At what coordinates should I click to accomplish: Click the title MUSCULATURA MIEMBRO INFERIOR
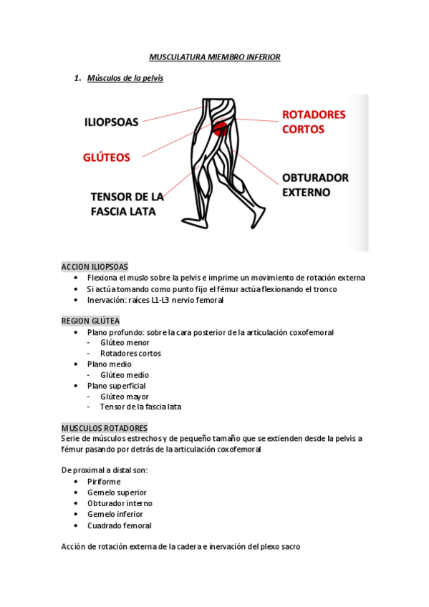click(x=214, y=56)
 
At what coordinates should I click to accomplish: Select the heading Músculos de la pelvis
click(x=125, y=78)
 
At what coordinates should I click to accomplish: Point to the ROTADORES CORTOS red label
click(x=313, y=122)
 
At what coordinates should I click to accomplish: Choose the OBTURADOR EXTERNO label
click(x=314, y=185)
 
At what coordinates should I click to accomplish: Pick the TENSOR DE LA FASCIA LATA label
click(x=127, y=204)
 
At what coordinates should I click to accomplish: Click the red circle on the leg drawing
click(x=221, y=130)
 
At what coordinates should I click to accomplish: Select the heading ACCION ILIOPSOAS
click(x=95, y=266)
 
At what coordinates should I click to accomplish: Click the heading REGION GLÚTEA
click(x=90, y=321)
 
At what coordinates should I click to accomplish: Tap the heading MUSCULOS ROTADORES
click(x=105, y=427)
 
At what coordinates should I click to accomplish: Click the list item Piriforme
click(x=104, y=482)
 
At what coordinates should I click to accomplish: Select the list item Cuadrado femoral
click(x=119, y=525)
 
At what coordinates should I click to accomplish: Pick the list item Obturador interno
click(x=120, y=503)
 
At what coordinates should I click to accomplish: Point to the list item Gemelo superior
click(x=117, y=492)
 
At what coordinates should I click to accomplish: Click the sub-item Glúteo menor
click(x=125, y=342)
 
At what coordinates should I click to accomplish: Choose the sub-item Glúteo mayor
click(x=125, y=397)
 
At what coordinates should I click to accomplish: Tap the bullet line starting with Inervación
click(x=155, y=300)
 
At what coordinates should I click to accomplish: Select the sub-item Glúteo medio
click(x=125, y=375)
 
